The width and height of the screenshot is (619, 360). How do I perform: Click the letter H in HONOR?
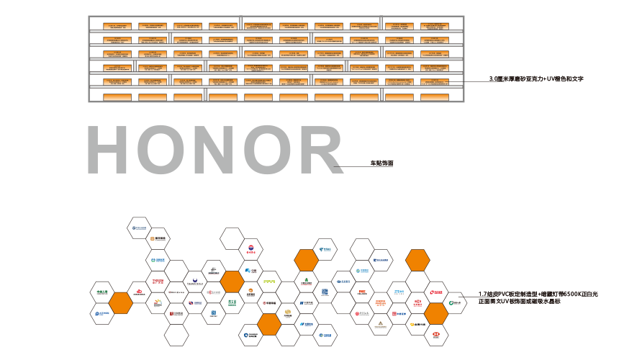coord(111,150)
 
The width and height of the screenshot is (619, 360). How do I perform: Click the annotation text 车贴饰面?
coord(381,164)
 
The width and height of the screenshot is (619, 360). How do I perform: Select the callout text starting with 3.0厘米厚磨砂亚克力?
coord(535,77)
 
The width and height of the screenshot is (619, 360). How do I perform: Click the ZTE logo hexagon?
coord(399,292)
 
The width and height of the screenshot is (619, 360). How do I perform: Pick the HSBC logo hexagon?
coord(435,334)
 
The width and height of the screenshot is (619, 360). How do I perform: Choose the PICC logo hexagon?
coord(363,292)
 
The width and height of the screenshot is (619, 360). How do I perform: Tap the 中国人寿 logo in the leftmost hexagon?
coord(102,292)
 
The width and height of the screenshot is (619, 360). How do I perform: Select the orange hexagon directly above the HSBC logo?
coord(435,314)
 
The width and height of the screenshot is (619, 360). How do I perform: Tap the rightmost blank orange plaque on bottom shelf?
coord(434,97)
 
